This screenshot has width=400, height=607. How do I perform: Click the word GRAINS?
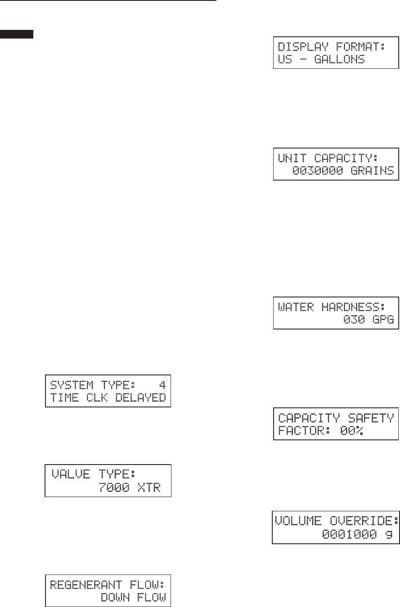pos(372,171)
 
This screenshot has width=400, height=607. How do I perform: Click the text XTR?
pos(149,488)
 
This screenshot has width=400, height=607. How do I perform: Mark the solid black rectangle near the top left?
pos(17,35)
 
